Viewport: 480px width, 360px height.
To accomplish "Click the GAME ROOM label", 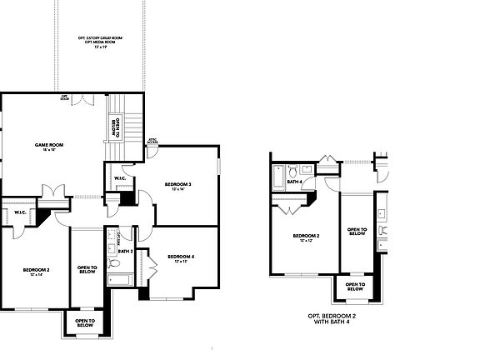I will click(x=44, y=147).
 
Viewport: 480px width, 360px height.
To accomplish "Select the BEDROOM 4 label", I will click(x=181, y=257).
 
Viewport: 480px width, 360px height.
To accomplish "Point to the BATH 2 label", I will click(x=126, y=251).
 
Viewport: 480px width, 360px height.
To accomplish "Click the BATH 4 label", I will click(x=294, y=182).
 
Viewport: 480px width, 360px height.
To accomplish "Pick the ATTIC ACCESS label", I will click(x=152, y=142).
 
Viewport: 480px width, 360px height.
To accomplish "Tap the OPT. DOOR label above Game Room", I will click(x=63, y=97).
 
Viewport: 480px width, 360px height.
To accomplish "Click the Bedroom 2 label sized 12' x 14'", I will click(x=37, y=272).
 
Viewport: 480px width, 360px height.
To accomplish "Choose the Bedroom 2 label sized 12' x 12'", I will click(x=306, y=237).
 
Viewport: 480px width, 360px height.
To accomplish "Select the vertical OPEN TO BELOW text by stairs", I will click(x=116, y=127).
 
